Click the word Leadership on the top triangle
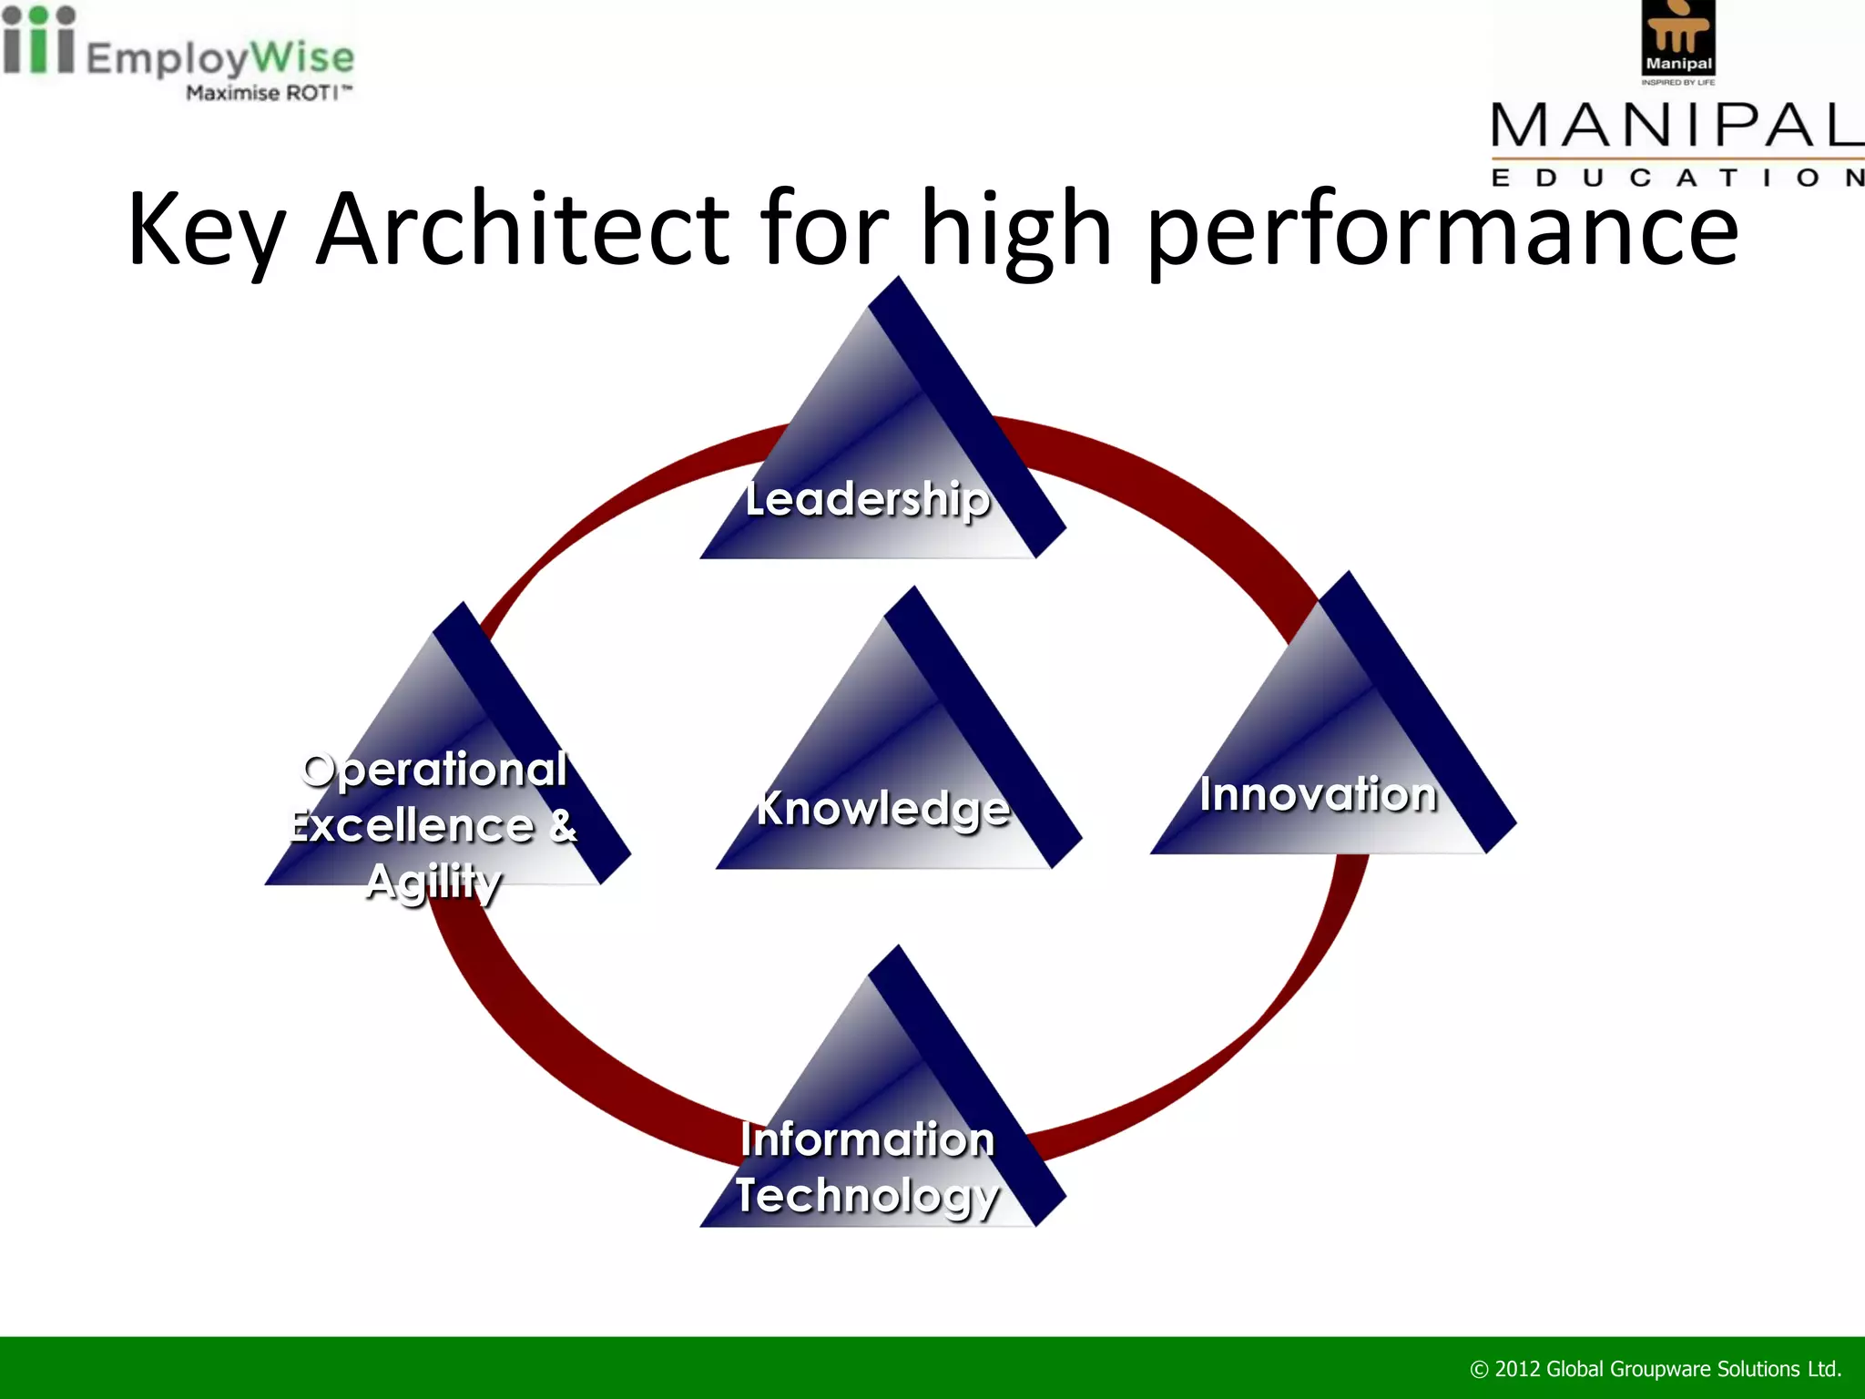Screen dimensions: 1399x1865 click(867, 499)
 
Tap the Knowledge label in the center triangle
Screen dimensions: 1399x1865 click(883, 808)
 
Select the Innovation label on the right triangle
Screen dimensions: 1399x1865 click(1318, 793)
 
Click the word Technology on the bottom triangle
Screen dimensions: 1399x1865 click(867, 1195)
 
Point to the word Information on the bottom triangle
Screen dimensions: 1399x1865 click(867, 1139)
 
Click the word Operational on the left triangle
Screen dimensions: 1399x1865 click(434, 770)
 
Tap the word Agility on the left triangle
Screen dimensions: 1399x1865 click(433, 882)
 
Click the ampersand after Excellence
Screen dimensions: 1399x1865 click(563, 825)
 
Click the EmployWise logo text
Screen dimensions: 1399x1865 click(219, 57)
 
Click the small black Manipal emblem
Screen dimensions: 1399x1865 click(1678, 38)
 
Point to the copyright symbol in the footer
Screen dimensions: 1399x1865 click(1479, 1370)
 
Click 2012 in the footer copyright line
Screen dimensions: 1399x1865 click(1518, 1369)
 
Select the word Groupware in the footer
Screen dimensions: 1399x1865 click(1660, 1369)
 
